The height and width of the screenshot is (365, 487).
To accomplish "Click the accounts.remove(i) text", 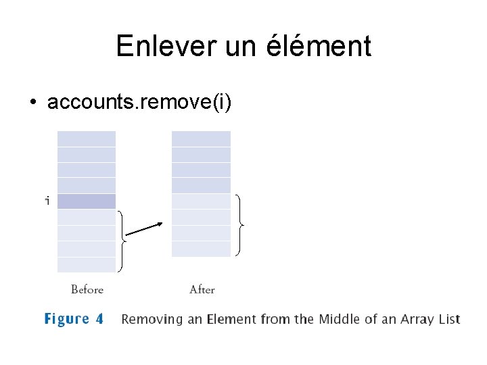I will coord(139,102).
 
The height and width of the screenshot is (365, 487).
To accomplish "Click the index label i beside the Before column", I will coord(47,201).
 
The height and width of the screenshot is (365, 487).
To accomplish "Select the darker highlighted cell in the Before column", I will coord(87,201).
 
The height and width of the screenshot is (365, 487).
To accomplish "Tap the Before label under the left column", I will coord(87,290).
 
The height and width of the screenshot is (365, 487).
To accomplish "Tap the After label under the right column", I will coord(202,290).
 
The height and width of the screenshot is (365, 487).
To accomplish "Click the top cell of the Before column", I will coord(87,139).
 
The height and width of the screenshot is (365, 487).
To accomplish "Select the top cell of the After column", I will coord(201,139).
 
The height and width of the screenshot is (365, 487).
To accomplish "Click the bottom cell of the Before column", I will coord(87,264).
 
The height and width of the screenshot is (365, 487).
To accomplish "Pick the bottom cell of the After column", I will coord(201,249).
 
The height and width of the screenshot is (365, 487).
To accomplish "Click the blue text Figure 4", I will coord(74,319).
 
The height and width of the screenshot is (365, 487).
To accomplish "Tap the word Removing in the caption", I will coord(153,319).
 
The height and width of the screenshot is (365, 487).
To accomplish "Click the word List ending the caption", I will coord(448,319).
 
